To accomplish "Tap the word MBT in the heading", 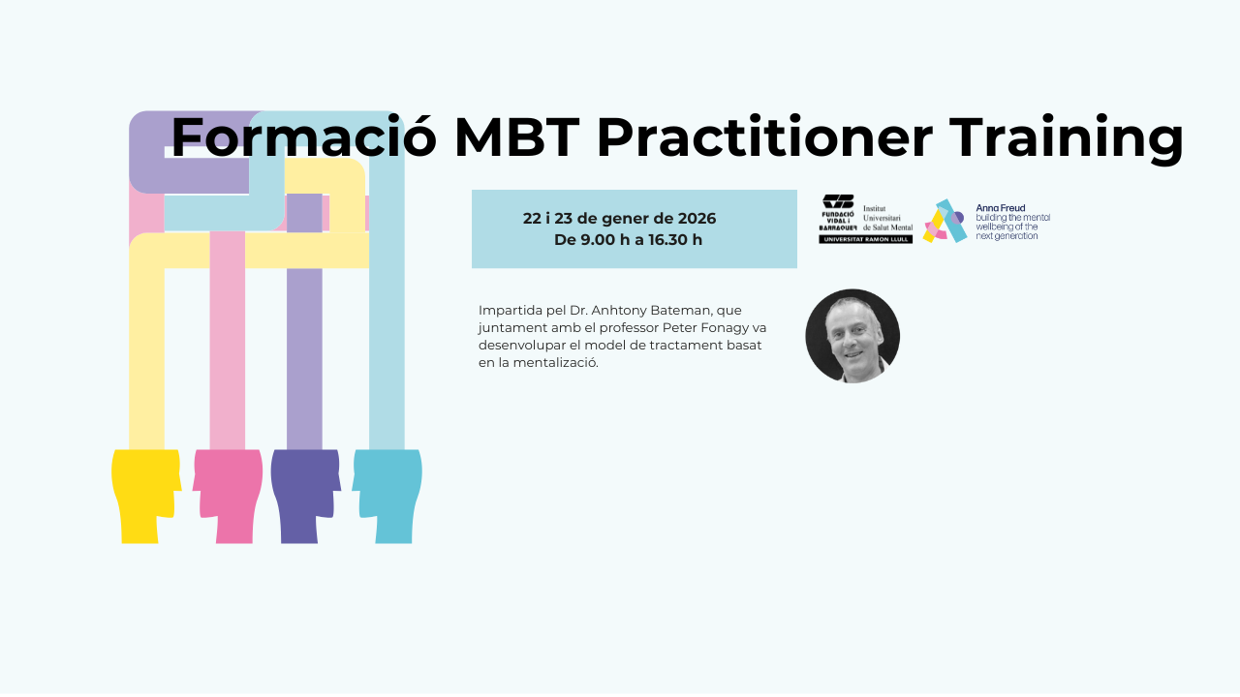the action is [x=517, y=137].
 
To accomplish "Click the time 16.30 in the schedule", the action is [x=666, y=240].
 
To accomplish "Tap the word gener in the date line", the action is [x=622, y=219].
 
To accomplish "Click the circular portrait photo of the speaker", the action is [x=852, y=336].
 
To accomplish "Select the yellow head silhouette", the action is [x=146, y=497].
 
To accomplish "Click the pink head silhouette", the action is [x=228, y=497].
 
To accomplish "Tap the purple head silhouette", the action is [x=305, y=497].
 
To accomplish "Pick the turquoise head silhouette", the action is [x=387, y=497].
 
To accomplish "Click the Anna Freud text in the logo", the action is [x=1001, y=208].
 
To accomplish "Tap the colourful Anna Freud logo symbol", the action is [x=945, y=222].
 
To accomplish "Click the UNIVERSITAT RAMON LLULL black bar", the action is [x=866, y=239].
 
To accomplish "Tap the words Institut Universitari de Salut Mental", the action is [x=888, y=218].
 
